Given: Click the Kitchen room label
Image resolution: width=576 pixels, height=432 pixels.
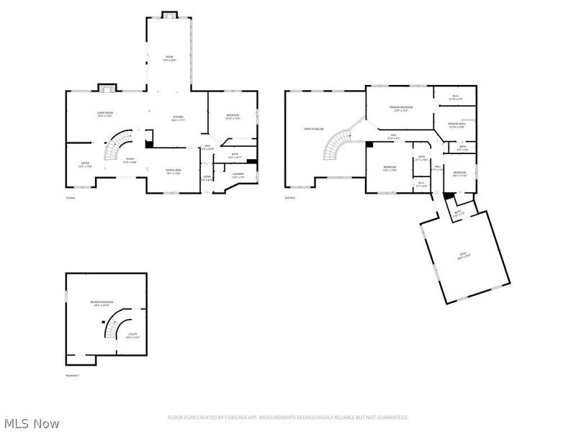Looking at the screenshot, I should (179, 118).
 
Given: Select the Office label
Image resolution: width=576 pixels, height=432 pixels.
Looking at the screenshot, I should (85, 165).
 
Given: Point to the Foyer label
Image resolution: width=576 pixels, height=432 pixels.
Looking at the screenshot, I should (130, 161).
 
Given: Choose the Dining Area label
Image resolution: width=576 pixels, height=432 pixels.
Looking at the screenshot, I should (174, 171).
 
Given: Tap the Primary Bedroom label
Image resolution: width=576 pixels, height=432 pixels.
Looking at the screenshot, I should (400, 109).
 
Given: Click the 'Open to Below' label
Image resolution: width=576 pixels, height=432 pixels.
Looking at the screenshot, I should (313, 129).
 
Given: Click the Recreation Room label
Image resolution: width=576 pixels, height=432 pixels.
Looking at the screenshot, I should (102, 303).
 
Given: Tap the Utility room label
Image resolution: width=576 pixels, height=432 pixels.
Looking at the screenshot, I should (132, 335).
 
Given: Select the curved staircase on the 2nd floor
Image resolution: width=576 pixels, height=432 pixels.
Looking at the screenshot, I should (336, 144).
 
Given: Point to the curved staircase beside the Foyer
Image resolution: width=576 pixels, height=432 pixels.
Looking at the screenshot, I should (115, 146).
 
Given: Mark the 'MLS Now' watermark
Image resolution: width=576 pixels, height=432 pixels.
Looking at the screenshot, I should (32, 423).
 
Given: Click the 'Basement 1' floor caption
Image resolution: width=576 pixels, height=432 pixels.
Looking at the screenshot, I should (72, 375).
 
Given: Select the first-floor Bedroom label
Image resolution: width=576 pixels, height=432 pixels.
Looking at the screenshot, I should (233, 116).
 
